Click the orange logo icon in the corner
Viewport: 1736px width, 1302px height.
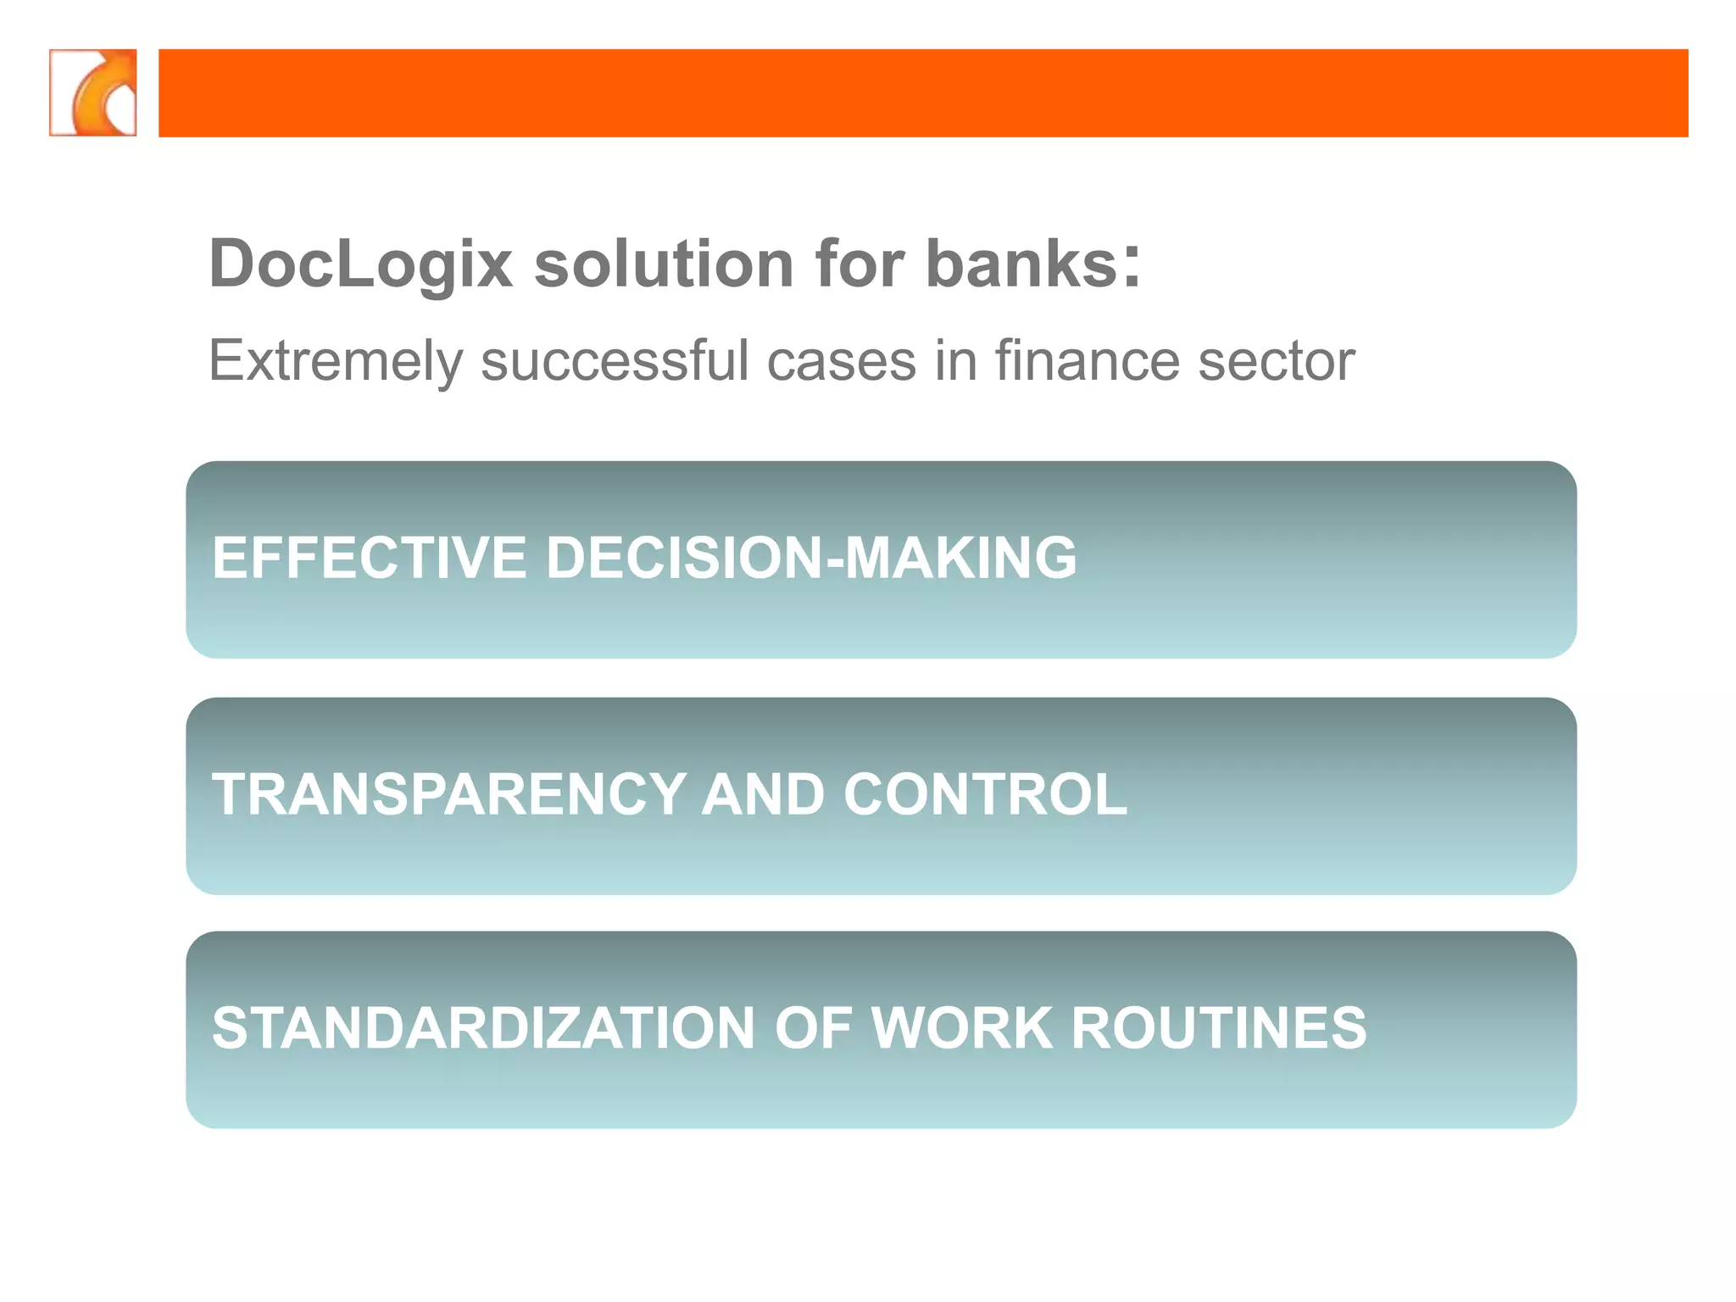93,92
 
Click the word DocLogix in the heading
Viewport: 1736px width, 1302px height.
361,264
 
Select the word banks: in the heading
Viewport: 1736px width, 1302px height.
1033,264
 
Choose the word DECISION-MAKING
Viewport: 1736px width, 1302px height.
811,558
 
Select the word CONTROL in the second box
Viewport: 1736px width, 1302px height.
985,794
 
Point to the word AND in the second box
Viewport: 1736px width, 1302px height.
763,794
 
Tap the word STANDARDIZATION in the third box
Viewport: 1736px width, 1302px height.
482,1028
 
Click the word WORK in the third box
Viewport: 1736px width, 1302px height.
963,1028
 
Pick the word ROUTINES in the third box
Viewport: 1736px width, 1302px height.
1219,1028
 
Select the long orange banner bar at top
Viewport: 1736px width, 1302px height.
923,92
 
